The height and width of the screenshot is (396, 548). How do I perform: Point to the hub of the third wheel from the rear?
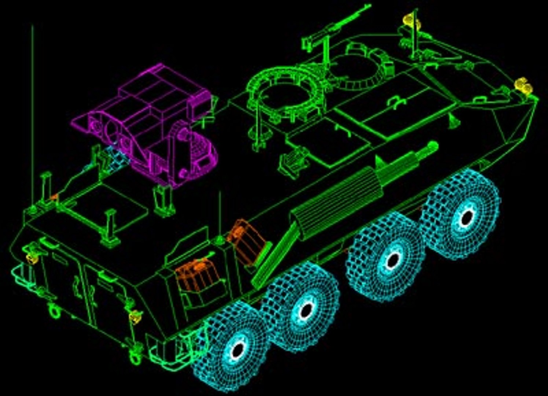click(392, 260)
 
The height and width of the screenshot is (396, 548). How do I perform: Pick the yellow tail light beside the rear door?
click(136, 315)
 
